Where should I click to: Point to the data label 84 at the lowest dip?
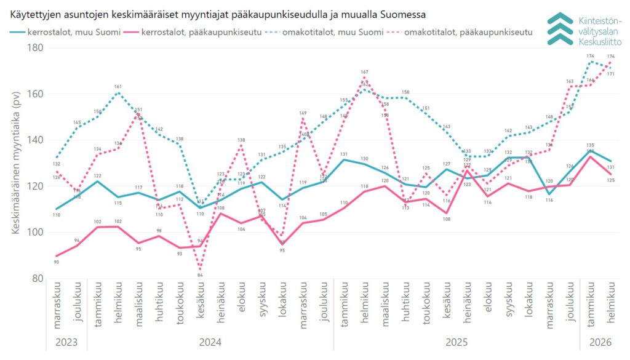pos(200,275)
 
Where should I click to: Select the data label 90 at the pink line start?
pos(57,263)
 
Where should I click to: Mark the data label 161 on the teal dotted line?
pos(118,87)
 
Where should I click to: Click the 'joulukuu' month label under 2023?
pos(78,304)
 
